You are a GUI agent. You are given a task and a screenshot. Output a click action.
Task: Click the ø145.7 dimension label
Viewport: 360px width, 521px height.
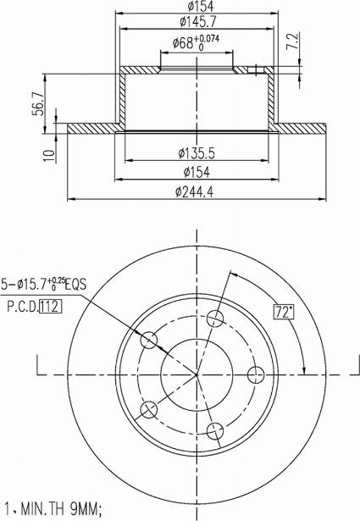coord(198,22)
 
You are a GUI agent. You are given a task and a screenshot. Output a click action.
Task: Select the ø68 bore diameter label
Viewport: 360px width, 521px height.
coord(183,43)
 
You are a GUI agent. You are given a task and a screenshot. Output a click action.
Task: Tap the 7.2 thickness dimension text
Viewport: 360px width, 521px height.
coord(293,42)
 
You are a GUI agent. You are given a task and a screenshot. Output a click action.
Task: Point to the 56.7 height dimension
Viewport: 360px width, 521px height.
coord(38,103)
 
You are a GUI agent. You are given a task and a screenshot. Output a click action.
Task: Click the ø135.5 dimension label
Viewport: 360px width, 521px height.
coord(197,153)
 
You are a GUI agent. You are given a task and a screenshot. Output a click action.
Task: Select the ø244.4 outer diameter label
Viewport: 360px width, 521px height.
coord(195,191)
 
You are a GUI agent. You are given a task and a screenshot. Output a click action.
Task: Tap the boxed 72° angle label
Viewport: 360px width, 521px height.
coord(284,312)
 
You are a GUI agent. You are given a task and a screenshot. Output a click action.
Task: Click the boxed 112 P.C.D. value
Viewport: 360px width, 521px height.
coord(51,307)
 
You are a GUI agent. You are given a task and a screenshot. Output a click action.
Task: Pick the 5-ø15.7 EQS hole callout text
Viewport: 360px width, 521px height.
coord(44,284)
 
